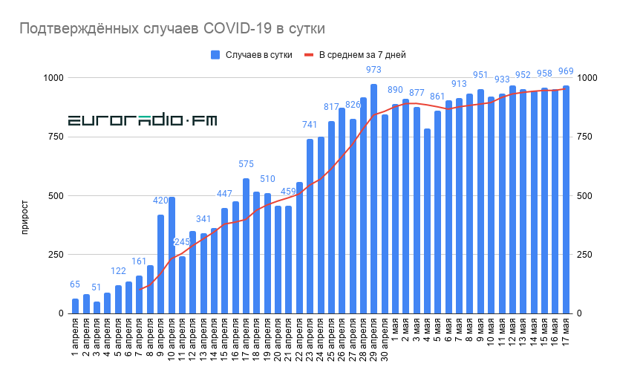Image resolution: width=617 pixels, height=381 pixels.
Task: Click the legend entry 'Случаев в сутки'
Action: (x=257, y=54)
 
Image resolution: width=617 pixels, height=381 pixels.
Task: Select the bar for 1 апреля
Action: (x=75, y=306)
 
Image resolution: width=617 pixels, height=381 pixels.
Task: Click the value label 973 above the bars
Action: (x=373, y=70)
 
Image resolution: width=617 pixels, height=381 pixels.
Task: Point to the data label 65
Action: (x=75, y=284)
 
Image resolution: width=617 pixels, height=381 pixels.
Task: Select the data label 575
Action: (x=246, y=164)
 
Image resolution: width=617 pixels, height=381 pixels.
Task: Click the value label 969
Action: (x=566, y=71)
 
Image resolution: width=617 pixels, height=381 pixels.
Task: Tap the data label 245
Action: (x=183, y=242)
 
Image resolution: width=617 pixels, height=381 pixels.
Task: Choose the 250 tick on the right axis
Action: (x=584, y=255)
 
